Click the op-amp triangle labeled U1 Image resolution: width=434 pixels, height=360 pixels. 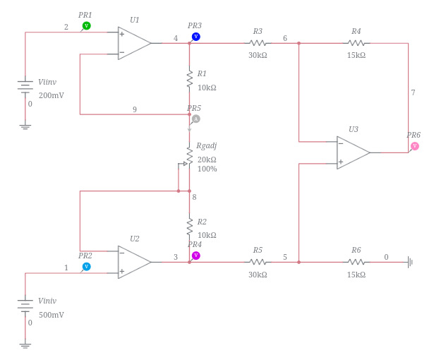tap(133, 43)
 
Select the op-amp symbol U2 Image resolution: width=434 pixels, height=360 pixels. tap(133, 262)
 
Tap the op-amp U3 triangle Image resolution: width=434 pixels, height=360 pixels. tap(352, 152)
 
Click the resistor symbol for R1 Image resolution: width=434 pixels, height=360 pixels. tap(189, 78)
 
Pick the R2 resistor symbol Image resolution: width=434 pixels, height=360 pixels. tap(189, 226)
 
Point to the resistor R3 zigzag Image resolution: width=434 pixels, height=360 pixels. tap(258, 43)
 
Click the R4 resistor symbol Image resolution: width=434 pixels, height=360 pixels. tap(356, 43)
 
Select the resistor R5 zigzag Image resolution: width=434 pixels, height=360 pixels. tap(258, 262)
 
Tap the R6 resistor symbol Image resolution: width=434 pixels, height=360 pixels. tap(356, 262)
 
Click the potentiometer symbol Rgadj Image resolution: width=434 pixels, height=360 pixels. tap(188, 156)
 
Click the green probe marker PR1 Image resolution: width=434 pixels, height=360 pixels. tap(87, 25)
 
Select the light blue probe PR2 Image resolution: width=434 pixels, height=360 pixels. tap(86, 267)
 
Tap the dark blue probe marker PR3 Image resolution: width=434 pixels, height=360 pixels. tap(195, 37)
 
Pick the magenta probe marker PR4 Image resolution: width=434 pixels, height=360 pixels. tap(195, 256)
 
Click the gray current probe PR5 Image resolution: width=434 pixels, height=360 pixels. tap(195, 119)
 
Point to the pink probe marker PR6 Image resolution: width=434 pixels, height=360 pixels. tap(414, 146)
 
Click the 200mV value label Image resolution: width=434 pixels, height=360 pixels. tap(51, 95)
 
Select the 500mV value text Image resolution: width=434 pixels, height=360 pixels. tap(51, 315)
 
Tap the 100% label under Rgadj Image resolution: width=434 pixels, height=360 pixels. tap(207, 169)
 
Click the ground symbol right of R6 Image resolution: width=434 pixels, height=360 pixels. tap(410, 262)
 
